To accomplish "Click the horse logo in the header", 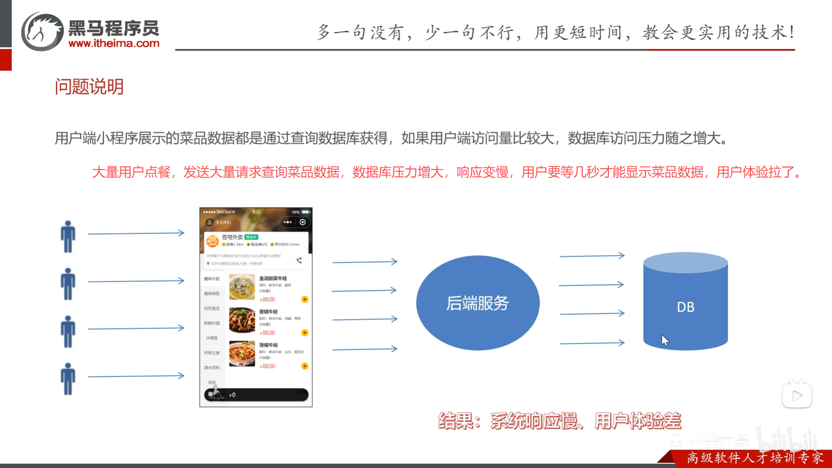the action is tap(42, 32).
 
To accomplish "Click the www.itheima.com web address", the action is tap(114, 43).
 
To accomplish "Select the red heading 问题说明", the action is tap(89, 87).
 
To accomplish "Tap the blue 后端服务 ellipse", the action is tap(478, 303).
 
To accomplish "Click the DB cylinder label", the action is tap(686, 307).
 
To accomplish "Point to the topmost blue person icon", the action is tap(68, 237).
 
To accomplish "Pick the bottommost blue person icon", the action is tap(68, 379).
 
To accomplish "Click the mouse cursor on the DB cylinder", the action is tap(665, 340).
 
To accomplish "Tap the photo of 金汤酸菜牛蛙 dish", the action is tap(242, 287).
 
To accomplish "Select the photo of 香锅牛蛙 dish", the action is tap(242, 320).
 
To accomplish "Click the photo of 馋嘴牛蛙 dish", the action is tap(242, 354).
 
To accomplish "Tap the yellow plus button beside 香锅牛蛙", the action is tap(305, 333).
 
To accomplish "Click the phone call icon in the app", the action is tap(299, 260).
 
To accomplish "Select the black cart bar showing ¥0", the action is tap(256, 395).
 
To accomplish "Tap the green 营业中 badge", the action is tap(251, 237).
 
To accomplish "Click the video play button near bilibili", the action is tap(797, 395).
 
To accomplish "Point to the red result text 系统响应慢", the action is tap(534, 421).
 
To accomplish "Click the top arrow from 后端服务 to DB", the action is tap(592, 256).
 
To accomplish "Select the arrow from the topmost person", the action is tap(136, 234).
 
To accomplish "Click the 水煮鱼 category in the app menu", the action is tap(212, 338).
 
